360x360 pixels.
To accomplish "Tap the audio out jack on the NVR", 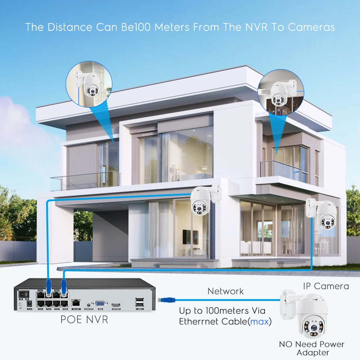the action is [x=88, y=304].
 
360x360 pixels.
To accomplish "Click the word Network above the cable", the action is [x=225, y=291].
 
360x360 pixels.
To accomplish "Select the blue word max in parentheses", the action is [x=260, y=321].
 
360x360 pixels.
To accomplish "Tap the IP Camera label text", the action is [x=326, y=286].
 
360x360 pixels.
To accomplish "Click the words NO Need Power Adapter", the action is [x=312, y=348].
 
